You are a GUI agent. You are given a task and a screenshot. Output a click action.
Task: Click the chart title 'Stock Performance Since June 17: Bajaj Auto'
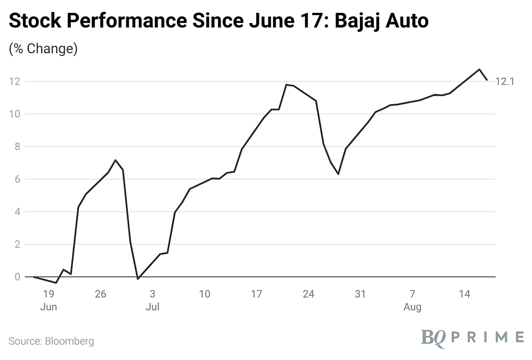219,21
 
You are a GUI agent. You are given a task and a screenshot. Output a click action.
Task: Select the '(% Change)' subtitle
43,48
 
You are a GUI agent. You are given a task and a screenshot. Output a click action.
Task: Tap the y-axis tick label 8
17,147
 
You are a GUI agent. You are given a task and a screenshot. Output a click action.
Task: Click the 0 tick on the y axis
17,277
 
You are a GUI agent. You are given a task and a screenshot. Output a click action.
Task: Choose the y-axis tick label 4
17,212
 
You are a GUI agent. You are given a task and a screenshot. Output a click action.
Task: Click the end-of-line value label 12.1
504,82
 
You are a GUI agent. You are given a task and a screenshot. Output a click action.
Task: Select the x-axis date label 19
48,293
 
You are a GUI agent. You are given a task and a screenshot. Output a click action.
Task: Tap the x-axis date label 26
101,293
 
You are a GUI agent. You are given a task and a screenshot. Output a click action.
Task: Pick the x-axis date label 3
152,293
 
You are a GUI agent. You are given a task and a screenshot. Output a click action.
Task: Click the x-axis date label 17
256,293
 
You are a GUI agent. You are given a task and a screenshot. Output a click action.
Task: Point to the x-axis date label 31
360,293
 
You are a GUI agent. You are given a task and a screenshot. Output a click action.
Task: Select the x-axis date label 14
464,293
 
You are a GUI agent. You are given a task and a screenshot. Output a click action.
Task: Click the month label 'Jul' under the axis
152,307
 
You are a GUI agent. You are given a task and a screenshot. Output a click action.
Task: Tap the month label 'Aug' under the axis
412,307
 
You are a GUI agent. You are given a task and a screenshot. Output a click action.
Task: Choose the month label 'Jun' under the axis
48,307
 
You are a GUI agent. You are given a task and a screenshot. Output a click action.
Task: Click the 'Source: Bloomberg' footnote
51,341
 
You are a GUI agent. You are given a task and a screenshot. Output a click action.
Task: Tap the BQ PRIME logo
472,337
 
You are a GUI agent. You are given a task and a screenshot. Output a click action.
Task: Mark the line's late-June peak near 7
115,160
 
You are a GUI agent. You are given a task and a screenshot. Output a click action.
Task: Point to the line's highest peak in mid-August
479,69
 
